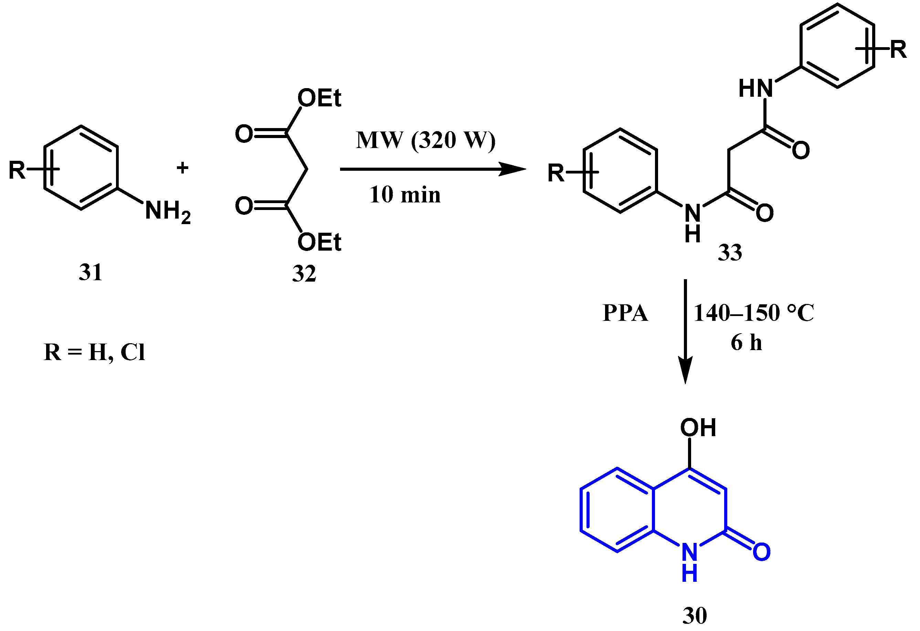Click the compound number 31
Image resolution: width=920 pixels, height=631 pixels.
pyautogui.click(x=91, y=272)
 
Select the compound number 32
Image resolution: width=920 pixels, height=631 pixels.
pyautogui.click(x=304, y=274)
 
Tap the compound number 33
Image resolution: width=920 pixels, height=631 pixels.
pyautogui.click(x=730, y=252)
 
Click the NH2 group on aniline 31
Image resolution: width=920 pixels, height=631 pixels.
pyautogui.click(x=168, y=211)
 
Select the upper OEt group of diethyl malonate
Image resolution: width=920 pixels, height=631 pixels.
pyautogui.click(x=319, y=98)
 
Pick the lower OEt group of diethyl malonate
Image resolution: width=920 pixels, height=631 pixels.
pyautogui.click(x=319, y=242)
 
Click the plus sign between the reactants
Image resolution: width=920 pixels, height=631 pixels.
pyautogui.click(x=182, y=168)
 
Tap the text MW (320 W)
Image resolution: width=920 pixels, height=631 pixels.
pyautogui.click(x=425, y=140)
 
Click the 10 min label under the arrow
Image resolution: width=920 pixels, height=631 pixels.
pyautogui.click(x=404, y=195)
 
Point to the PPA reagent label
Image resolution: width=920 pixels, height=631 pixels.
pyautogui.click(x=625, y=313)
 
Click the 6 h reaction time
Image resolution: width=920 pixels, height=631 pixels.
pyautogui.click(x=746, y=343)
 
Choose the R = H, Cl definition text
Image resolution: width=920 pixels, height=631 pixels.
pyautogui.click(x=94, y=351)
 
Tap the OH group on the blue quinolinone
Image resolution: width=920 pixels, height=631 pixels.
pyautogui.click(x=698, y=428)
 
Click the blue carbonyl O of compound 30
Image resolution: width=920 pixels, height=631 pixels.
pyautogui.click(x=761, y=552)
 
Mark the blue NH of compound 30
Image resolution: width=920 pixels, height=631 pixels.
pyautogui.click(x=690, y=562)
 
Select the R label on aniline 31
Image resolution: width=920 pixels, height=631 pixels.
pyautogui.click(x=17, y=170)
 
